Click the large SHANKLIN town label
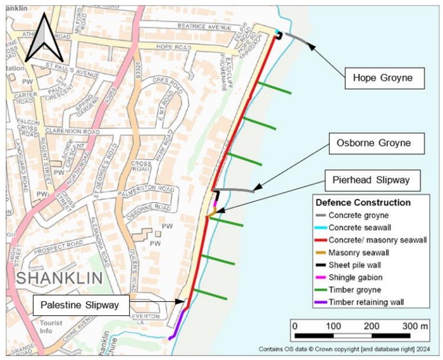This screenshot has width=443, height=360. tap(60, 278)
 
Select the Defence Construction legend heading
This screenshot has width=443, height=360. tap(363, 203)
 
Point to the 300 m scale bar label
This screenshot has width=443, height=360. tap(415, 326)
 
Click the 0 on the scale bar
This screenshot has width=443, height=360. tap(294, 326)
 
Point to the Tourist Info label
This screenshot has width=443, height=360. tap(51, 327)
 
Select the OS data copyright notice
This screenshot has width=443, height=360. tap(347, 349)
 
